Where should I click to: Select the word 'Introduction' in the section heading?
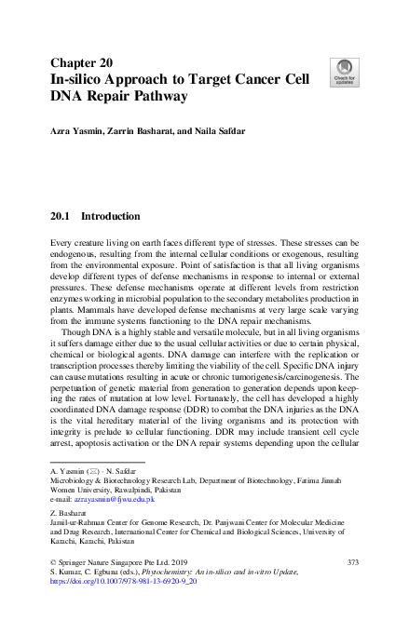click(x=113, y=216)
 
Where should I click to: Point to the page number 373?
click(x=352, y=564)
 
